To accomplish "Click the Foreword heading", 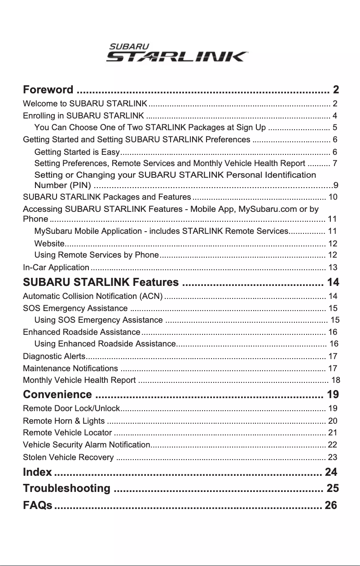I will (48, 89).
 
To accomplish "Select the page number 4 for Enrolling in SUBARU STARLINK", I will (334, 116).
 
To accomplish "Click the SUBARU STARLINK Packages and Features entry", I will (106, 197).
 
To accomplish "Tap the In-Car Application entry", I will (56, 268).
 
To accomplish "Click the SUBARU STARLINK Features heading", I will (101, 283).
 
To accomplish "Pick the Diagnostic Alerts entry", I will (53, 357).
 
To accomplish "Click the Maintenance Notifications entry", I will (70, 369).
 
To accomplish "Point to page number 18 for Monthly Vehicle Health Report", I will (335, 381).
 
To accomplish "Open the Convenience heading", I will (57, 395).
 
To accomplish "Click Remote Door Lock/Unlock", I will (71, 408).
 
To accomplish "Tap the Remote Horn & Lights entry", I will (63, 421).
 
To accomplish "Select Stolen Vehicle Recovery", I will (68, 457).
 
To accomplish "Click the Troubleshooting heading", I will (66, 488).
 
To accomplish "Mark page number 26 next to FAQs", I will (331, 505).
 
